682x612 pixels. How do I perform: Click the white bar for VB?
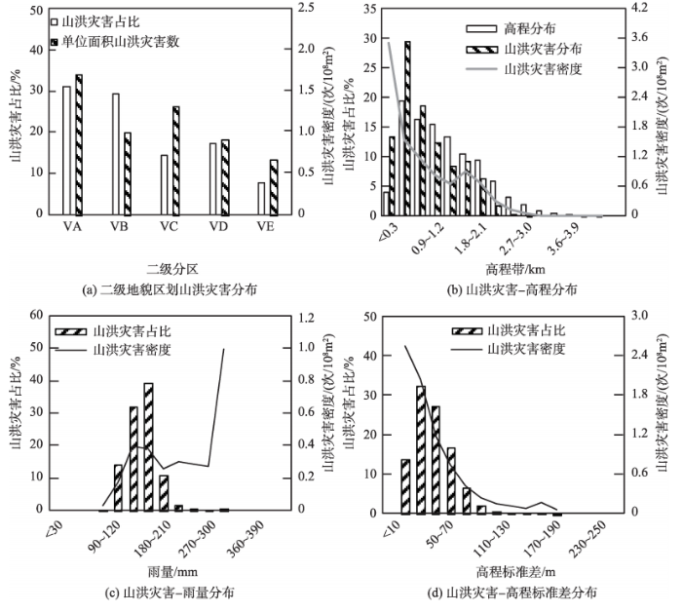point(116,154)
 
